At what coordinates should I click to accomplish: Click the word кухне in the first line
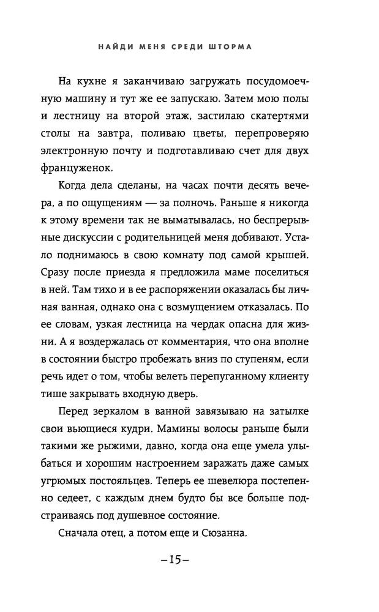(105, 82)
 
